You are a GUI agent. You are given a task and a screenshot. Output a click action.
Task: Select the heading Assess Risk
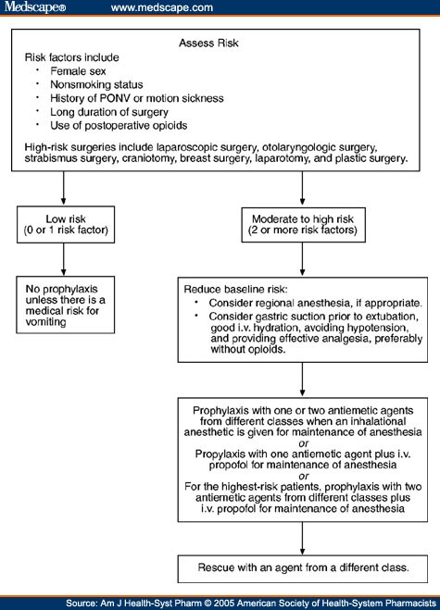219,43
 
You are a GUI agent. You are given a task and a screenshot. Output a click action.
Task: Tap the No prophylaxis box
63,305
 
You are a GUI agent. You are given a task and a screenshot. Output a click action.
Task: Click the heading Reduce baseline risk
238,290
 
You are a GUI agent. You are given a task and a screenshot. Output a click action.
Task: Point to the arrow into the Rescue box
303,536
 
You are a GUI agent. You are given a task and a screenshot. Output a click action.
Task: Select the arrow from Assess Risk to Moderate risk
303,188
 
